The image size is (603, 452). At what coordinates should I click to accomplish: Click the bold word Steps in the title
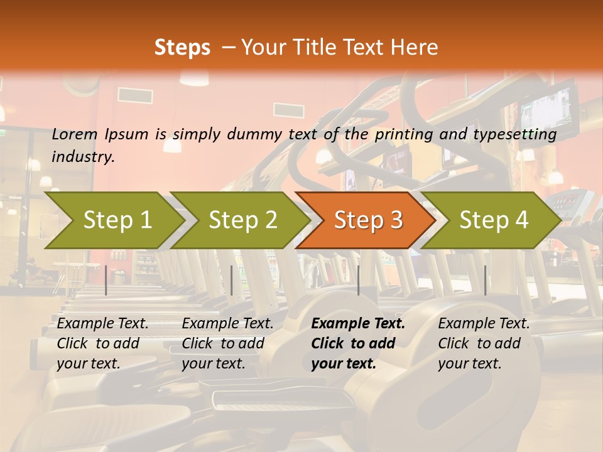[x=182, y=48]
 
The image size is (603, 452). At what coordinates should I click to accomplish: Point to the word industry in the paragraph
[x=82, y=156]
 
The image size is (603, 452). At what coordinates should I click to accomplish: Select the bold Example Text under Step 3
[x=358, y=324]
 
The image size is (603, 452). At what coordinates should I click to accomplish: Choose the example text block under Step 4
[x=484, y=343]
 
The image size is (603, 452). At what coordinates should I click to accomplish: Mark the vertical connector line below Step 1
[x=106, y=280]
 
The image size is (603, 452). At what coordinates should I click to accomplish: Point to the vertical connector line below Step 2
[x=232, y=280]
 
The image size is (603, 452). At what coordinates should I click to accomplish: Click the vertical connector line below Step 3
[x=359, y=280]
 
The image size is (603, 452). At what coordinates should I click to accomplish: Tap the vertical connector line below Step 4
[x=485, y=280]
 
